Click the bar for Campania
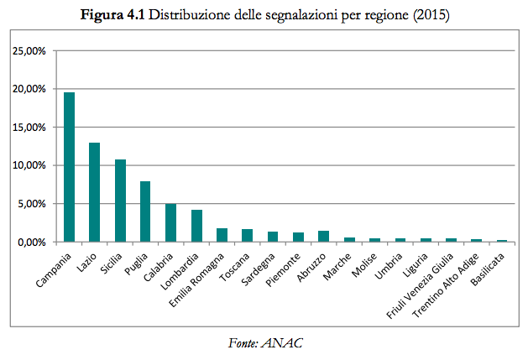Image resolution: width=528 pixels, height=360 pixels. click(70, 167)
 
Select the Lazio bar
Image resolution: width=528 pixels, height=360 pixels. click(95, 192)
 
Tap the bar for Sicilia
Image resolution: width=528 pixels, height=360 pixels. click(120, 201)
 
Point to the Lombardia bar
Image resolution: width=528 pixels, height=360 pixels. click(196, 226)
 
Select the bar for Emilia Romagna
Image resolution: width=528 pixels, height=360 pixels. click(222, 235)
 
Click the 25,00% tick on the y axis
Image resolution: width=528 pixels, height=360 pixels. click(29, 51)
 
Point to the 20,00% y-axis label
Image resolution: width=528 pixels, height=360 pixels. click(29, 89)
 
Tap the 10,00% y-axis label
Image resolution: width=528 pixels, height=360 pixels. click(29, 165)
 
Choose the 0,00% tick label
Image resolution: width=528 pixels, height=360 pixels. click(31, 242)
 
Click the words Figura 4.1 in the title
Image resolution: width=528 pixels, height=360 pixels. click(110, 16)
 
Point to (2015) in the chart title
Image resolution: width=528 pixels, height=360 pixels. click(433, 16)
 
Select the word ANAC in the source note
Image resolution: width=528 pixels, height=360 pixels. click(280, 343)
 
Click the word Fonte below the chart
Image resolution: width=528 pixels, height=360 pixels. click(243, 343)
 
